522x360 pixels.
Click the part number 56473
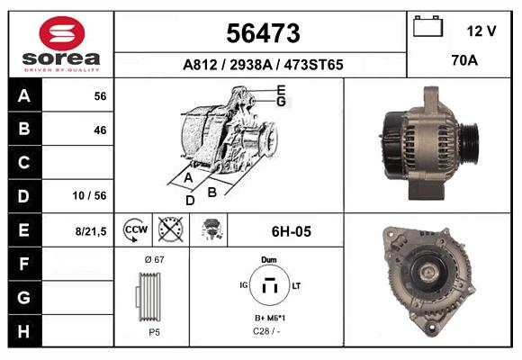(x=261, y=32)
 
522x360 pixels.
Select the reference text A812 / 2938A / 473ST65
(x=261, y=65)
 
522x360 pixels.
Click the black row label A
(x=24, y=96)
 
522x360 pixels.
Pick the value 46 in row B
(x=99, y=130)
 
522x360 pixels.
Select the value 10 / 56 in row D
(x=94, y=195)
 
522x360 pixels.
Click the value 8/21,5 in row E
(x=92, y=231)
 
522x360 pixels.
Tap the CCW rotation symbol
(x=135, y=230)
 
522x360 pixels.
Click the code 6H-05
(x=291, y=231)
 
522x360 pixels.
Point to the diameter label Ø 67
(x=153, y=259)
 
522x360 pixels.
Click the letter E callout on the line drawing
(x=282, y=89)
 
